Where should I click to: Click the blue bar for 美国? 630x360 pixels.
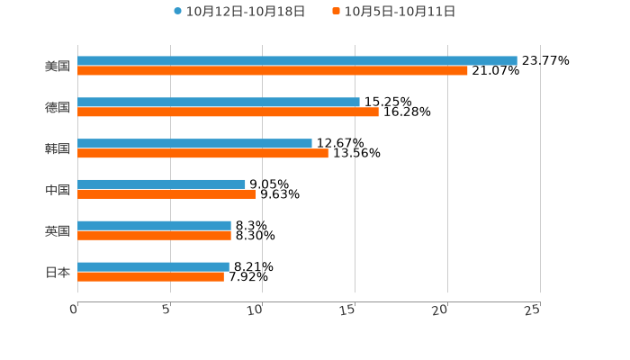point(297,60)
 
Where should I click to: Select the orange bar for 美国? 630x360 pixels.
point(273,70)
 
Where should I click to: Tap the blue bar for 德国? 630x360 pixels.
point(219,102)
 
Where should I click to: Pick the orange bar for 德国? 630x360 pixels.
point(228,112)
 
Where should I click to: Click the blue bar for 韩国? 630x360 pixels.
point(194,143)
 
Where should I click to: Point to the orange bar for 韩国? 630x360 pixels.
point(202,153)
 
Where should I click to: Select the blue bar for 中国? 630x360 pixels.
point(161,184)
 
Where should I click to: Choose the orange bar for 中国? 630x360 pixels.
point(166,193)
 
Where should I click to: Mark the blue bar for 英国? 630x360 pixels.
point(154,225)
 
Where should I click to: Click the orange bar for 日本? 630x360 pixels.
point(150,276)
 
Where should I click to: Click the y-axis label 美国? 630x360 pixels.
point(58,66)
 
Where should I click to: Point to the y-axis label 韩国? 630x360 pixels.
point(58,148)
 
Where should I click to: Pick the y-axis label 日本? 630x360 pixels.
point(58,272)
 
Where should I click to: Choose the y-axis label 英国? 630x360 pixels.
point(58,230)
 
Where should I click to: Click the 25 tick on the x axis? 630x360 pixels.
point(533,310)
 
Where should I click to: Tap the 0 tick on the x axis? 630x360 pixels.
point(75,310)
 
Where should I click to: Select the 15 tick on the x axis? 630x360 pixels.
point(348,310)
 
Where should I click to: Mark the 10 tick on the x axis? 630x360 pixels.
point(256,310)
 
